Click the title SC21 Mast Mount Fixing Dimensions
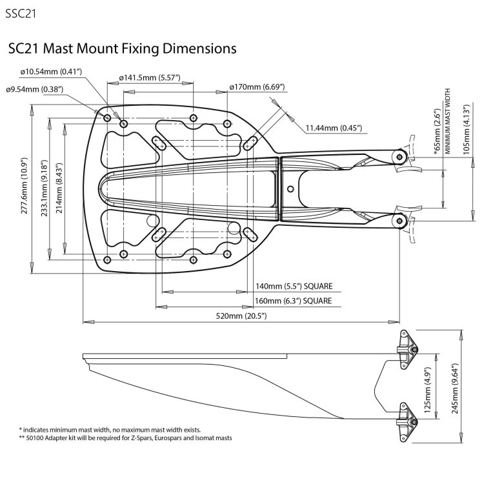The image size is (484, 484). click(x=121, y=48)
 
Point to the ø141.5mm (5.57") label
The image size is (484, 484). click(x=149, y=78)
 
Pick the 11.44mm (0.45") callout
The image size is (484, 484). click(x=334, y=128)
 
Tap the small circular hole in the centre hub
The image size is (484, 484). click(x=290, y=188)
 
